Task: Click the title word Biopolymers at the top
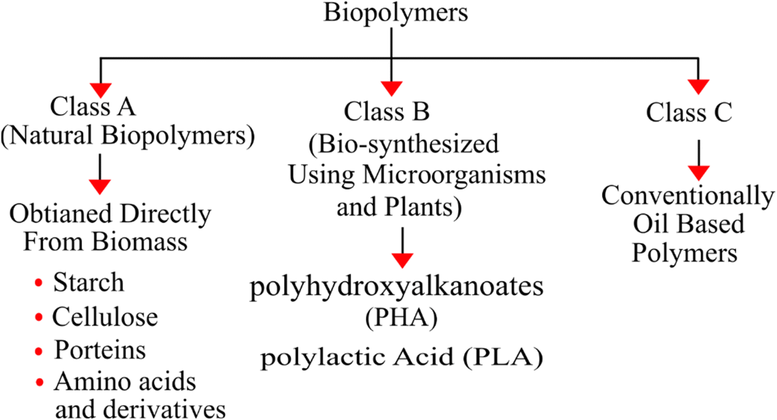[395, 13]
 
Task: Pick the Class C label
[688, 113]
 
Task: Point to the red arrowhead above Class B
[391, 88]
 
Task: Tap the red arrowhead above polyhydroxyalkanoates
[402, 260]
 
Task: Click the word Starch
[88, 283]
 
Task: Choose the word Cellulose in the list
[105, 317]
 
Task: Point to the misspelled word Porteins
[100, 350]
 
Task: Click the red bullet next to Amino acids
[39, 382]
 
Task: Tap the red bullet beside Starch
[39, 284]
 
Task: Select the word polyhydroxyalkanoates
[396, 289]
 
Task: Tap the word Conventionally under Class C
[688, 196]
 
